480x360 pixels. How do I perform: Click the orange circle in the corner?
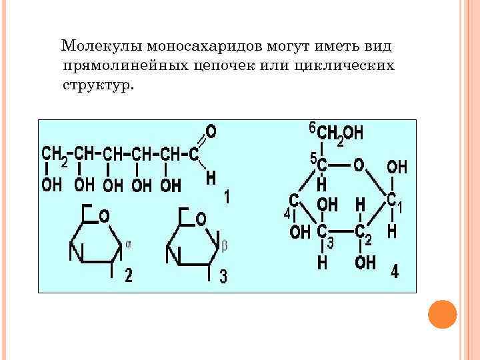tap(441, 313)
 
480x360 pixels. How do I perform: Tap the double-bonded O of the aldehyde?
tap(211, 129)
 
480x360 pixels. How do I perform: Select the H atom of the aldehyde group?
tap(211, 178)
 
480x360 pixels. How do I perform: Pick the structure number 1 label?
tap(227, 198)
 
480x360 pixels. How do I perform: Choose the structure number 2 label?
tap(129, 275)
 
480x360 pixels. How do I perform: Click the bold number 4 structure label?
tap(395, 273)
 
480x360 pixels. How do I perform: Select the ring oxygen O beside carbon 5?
tap(358, 164)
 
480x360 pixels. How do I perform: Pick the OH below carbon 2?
tap(365, 262)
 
